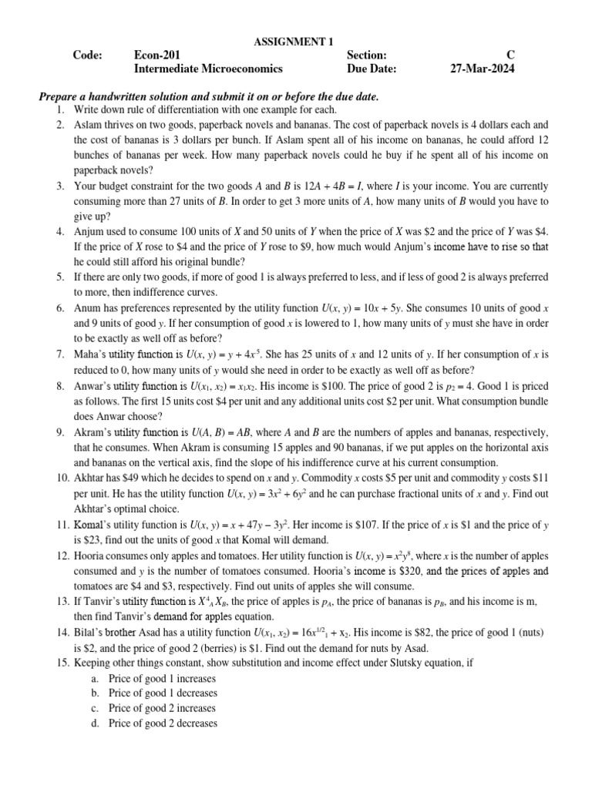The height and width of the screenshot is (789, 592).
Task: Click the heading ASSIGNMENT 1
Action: (294, 41)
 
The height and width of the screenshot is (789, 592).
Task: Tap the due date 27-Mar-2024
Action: (482, 69)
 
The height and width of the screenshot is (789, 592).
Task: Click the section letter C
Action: (510, 55)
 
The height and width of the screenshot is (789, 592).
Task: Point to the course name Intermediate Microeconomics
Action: (208, 69)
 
